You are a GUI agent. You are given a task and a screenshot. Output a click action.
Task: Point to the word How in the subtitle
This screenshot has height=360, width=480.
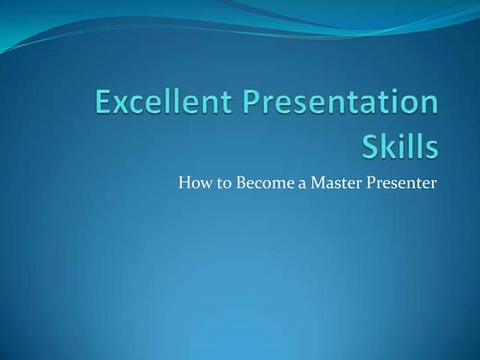tap(191, 182)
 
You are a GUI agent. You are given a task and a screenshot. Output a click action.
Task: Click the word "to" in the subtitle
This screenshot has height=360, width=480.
tap(218, 182)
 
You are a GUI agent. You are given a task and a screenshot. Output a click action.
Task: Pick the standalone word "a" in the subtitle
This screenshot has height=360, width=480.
tap(295, 183)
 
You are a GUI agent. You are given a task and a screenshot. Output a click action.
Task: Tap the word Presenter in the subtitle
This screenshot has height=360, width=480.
tap(399, 182)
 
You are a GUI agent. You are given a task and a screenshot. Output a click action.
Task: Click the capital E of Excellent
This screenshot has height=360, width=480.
tap(104, 104)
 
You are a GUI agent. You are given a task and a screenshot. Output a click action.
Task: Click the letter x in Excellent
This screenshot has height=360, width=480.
tap(123, 106)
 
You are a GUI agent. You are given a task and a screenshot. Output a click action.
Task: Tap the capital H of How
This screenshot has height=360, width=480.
tap(183, 182)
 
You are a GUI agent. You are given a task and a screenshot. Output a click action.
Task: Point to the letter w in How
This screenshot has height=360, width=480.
tap(202, 183)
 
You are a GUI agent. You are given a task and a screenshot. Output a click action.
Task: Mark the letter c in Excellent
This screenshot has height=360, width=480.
tap(141, 106)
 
